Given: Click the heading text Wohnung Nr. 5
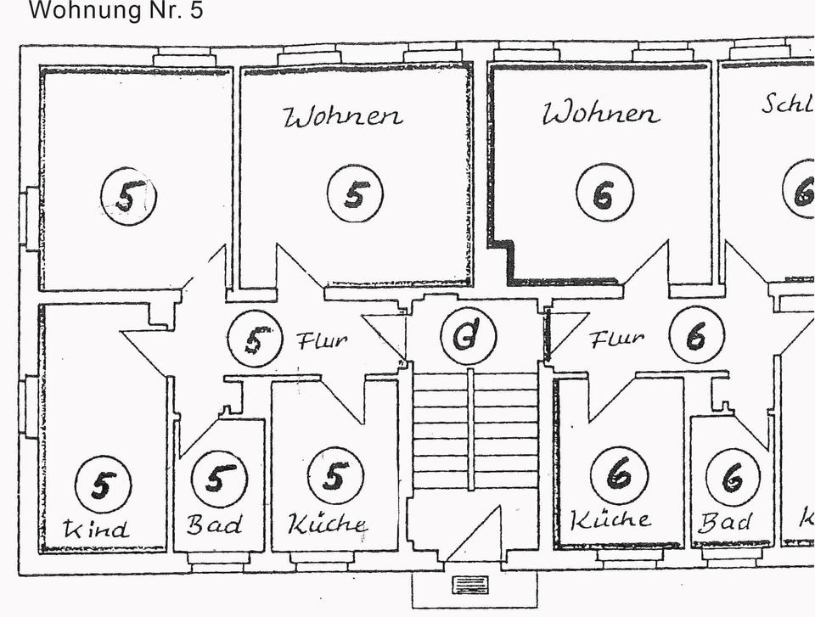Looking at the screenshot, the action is (116, 11).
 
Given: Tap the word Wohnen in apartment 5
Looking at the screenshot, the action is (343, 116).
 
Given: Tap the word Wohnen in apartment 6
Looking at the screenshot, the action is (601, 113).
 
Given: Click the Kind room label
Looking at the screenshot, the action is (98, 530).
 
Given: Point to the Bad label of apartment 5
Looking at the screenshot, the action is (214, 524).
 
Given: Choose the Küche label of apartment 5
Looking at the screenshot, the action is (328, 524).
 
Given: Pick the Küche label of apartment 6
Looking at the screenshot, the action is (611, 519).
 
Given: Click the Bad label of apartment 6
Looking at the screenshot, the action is (725, 521).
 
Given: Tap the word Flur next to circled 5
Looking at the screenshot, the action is (322, 341).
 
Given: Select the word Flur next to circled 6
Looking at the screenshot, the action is (616, 339).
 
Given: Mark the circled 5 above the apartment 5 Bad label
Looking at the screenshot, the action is (218, 479).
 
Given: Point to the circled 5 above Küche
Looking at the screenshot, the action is (335, 476).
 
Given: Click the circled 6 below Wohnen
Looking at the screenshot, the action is (604, 193).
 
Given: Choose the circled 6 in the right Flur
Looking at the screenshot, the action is (696, 336).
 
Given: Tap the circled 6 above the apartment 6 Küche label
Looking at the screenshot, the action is (619, 474).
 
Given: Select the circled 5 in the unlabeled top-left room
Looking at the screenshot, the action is (128, 196).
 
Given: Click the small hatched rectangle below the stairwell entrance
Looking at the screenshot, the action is (469, 584).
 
